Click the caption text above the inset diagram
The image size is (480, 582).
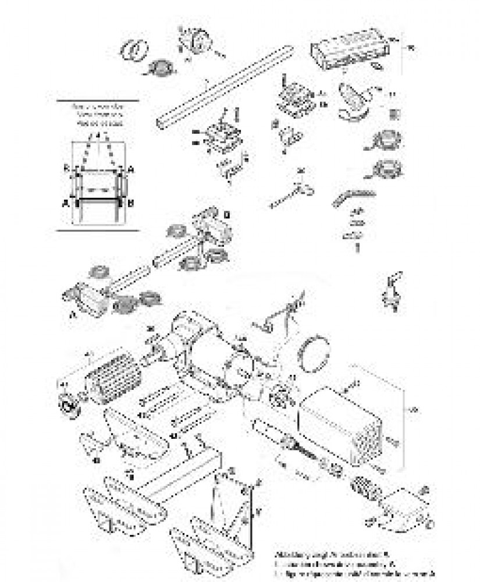tap(98, 115)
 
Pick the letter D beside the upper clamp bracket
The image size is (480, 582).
tap(227, 215)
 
